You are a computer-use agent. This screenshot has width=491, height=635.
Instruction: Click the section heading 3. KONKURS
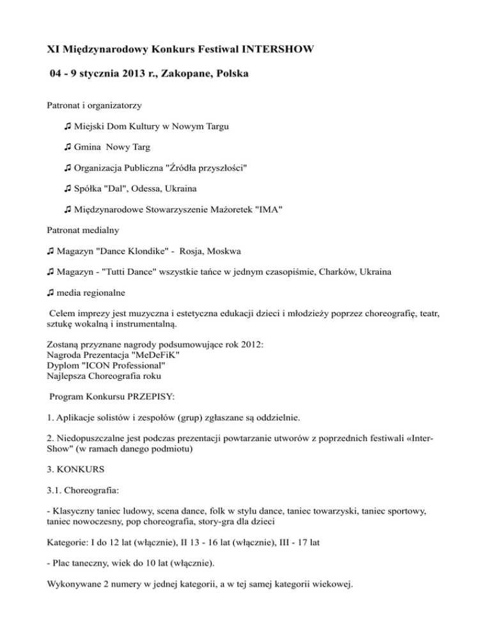click(79, 470)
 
